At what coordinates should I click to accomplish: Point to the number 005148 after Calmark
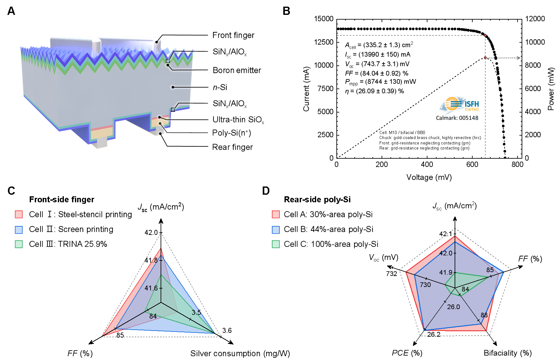pos(469,118)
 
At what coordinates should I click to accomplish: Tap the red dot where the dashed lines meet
pos(485,35)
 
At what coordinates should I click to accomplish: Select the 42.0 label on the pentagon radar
pos(446,253)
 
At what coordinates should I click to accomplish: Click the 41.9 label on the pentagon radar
pos(446,272)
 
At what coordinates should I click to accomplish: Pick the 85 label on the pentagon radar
pos(490,270)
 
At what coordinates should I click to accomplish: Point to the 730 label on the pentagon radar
pos(425,285)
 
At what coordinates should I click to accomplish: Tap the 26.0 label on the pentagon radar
pos(453,307)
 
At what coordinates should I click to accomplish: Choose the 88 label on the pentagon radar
pos(484,315)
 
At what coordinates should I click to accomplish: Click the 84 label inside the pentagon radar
pos(465,289)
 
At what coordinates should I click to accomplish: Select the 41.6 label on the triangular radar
pos(151,288)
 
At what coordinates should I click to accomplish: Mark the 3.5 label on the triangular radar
pos(196,313)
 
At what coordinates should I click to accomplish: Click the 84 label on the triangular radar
pos(153,316)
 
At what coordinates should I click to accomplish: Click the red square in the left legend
pos(19,214)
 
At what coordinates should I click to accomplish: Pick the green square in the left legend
pos(19,244)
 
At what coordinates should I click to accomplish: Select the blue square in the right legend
pos(276,230)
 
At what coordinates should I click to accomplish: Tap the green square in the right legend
pos(276,244)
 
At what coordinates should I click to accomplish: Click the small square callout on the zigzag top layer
pos(168,61)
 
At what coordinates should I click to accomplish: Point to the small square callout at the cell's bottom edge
pos(173,110)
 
